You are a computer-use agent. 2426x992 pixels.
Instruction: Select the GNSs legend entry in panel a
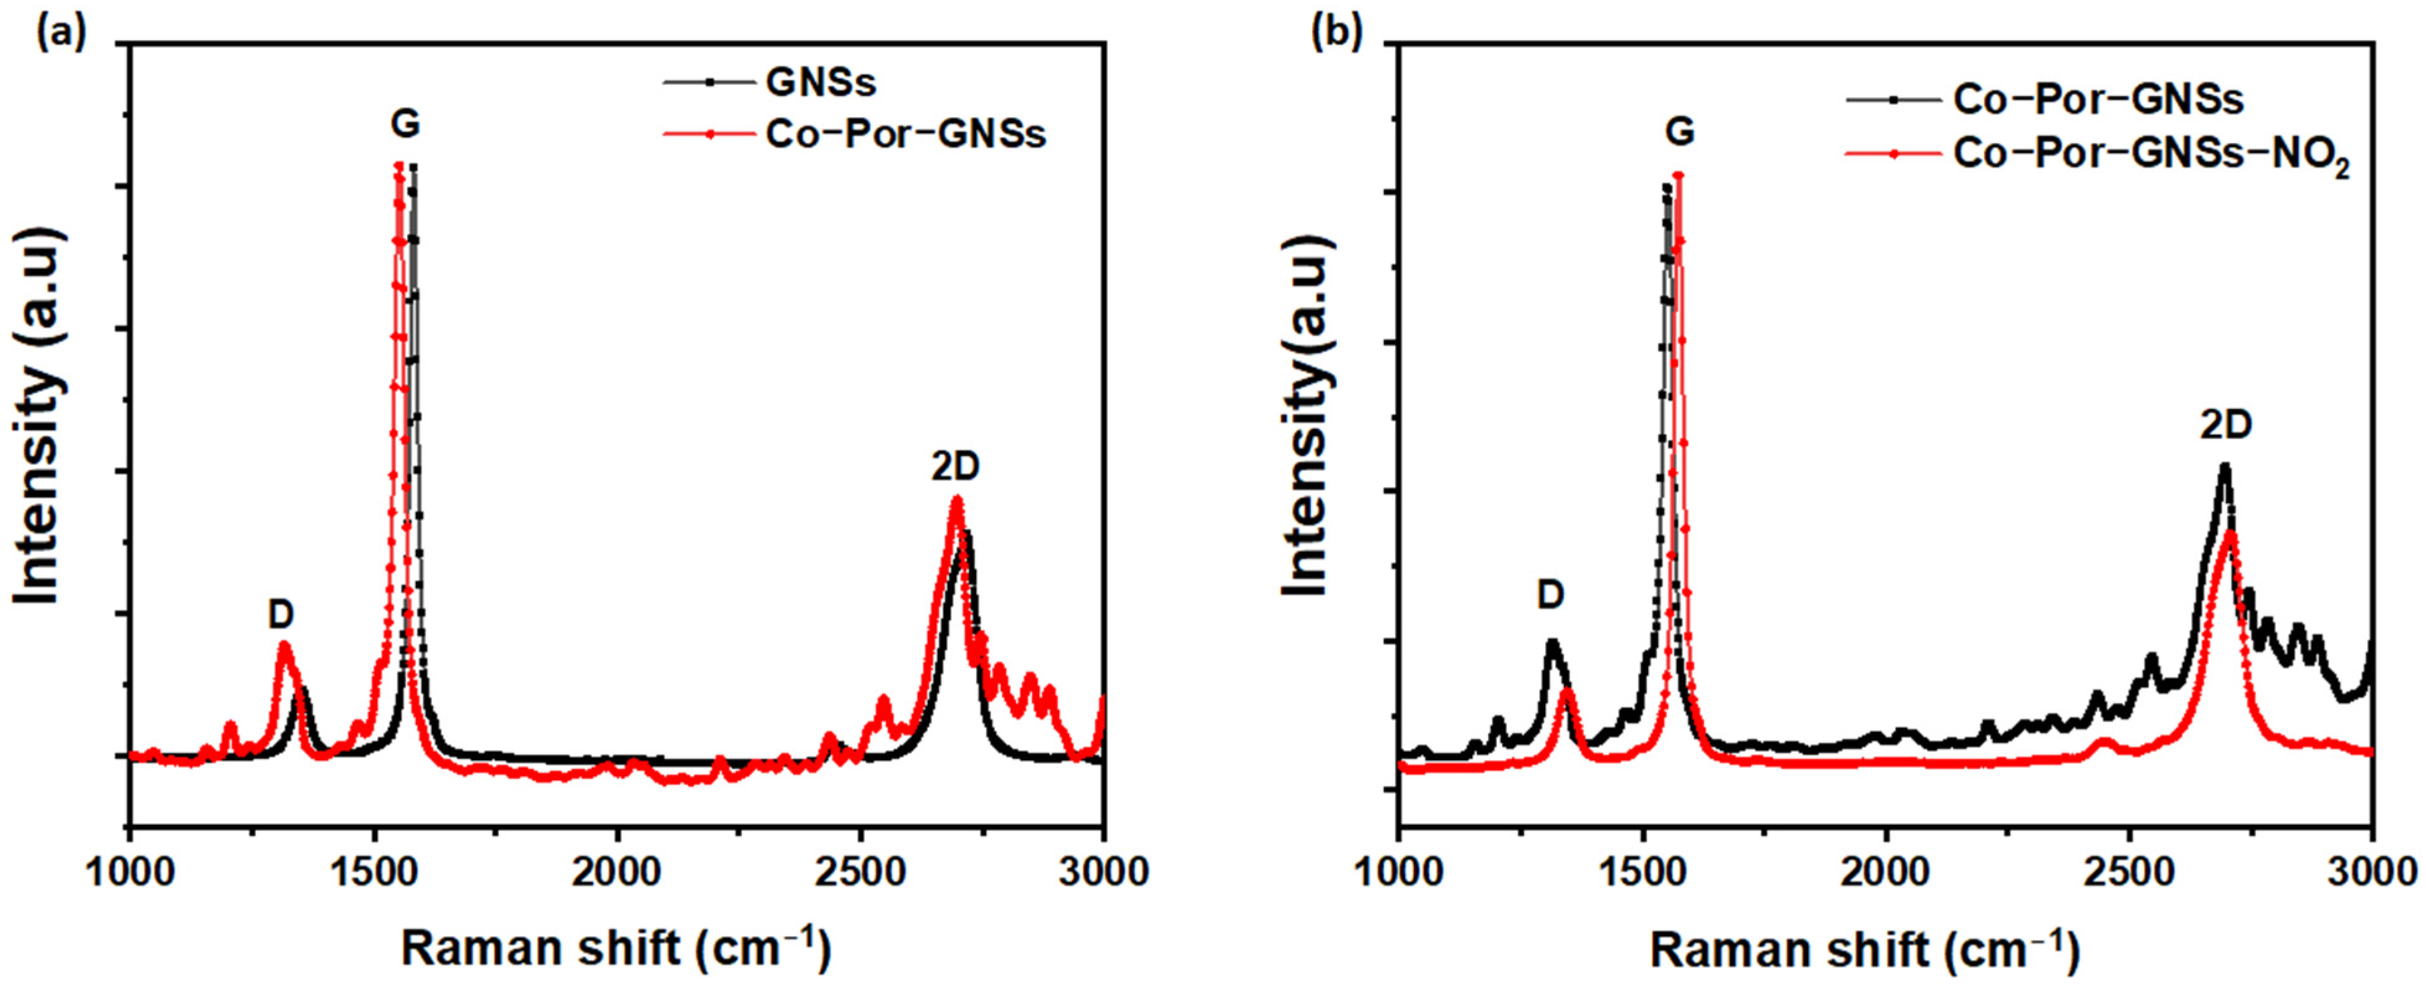(820, 83)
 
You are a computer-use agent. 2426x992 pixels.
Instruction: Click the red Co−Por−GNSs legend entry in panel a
(904, 134)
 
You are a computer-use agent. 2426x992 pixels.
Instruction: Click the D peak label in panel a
(281, 615)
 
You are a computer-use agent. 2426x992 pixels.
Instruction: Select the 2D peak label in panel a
(955, 467)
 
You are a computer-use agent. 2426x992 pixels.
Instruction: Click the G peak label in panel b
(1679, 132)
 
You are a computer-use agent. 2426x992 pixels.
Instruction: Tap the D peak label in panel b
(1550, 595)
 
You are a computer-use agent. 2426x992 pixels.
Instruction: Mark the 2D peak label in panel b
(2225, 426)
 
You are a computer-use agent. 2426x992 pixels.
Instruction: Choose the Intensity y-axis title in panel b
(1306, 414)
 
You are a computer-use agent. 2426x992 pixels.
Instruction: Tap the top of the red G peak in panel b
(1677, 175)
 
